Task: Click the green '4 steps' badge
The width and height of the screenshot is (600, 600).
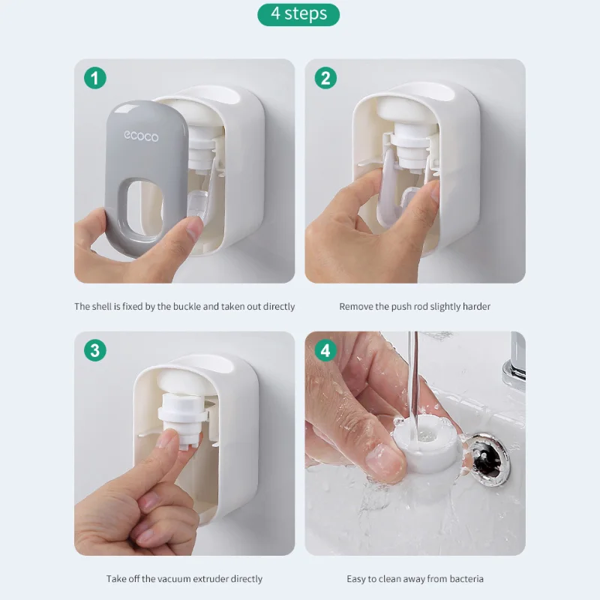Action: tap(298, 14)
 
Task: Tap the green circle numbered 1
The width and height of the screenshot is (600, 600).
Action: tap(95, 78)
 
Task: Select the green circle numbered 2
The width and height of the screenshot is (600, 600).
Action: tap(325, 78)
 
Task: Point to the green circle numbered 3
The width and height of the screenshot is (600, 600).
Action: tap(95, 350)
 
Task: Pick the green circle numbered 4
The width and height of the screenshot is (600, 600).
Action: tap(325, 350)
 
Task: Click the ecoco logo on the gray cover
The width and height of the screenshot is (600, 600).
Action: tap(141, 136)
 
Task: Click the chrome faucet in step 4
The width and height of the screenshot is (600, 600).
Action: tap(514, 360)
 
